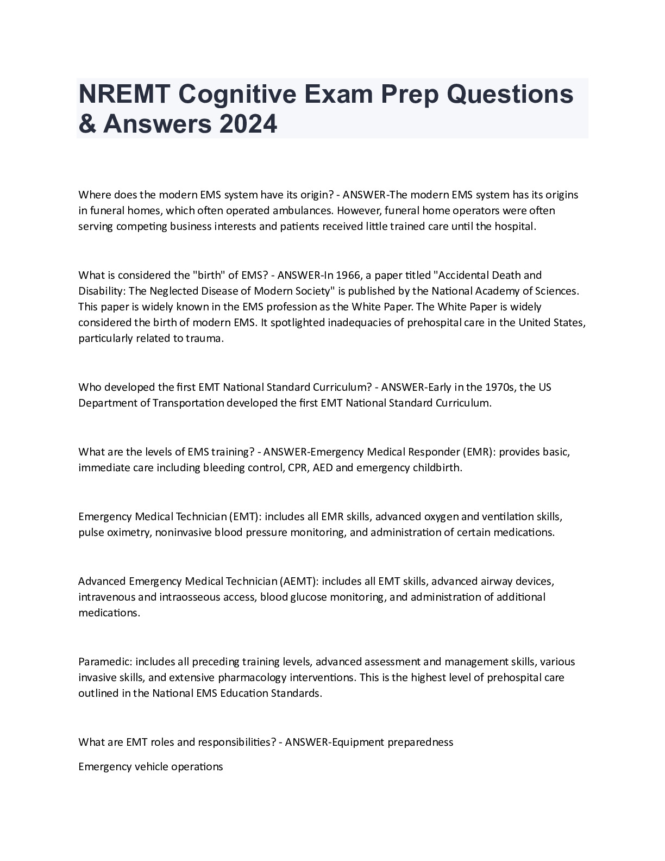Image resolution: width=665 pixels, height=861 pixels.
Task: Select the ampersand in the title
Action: click(87, 123)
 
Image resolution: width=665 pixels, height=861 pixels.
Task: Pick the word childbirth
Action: click(437, 467)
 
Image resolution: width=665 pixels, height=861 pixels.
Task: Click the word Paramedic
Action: click(105, 662)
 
